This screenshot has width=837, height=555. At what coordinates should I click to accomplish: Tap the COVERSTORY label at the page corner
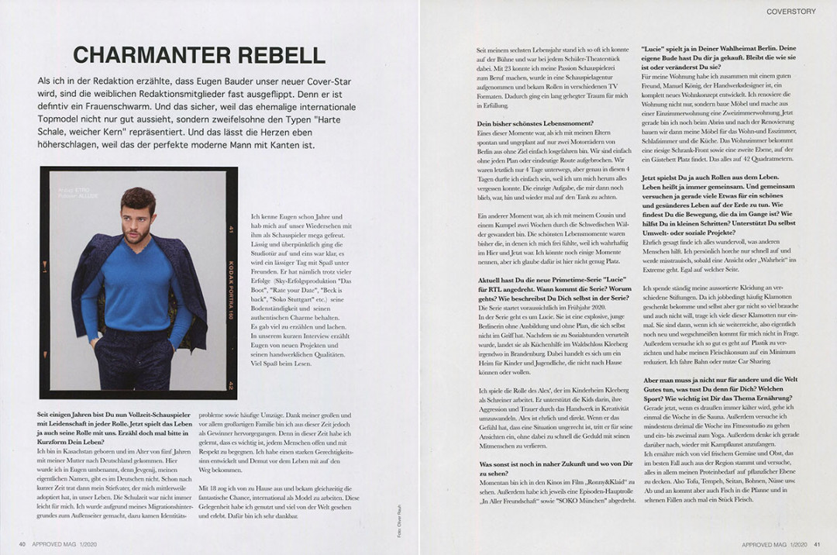tap(795, 12)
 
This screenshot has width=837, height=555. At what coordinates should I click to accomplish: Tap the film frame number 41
tap(231, 229)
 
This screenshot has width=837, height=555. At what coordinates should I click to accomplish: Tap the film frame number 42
tap(231, 384)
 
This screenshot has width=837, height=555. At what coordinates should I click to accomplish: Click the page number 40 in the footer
tap(22, 544)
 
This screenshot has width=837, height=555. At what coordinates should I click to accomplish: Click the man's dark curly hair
tap(138, 199)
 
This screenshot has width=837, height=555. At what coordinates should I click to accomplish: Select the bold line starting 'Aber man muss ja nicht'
tap(716, 380)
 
